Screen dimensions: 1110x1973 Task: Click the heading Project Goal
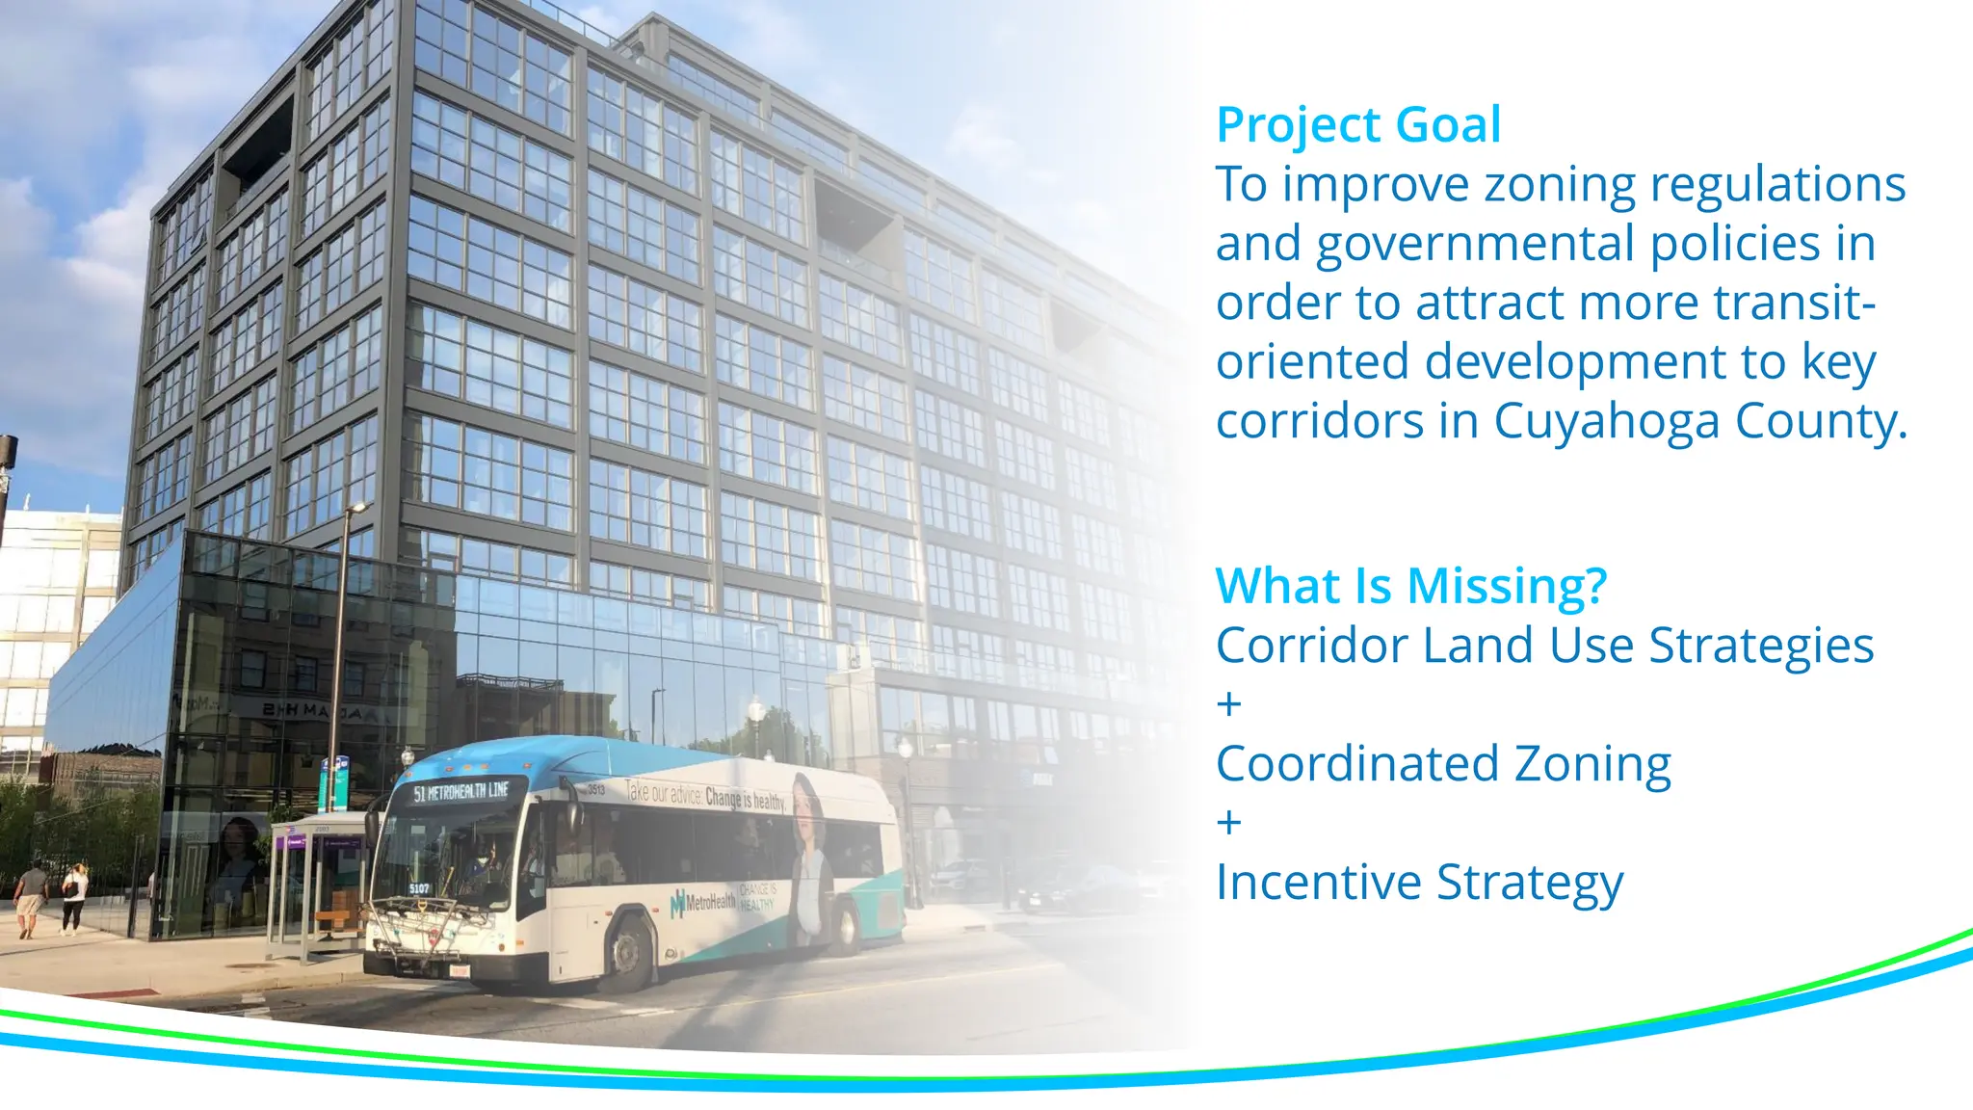point(1357,125)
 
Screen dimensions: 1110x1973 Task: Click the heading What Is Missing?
point(1410,586)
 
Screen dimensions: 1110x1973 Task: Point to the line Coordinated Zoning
point(1442,763)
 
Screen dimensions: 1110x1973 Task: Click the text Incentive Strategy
point(1418,882)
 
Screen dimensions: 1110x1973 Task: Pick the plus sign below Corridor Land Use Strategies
point(1228,704)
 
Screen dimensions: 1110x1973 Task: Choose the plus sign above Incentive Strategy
point(1228,823)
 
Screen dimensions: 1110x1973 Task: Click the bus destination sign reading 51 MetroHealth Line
point(460,792)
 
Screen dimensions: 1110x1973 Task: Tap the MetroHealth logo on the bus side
point(703,903)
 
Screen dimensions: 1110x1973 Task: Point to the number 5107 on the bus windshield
point(419,888)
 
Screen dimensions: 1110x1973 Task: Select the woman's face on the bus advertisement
point(804,805)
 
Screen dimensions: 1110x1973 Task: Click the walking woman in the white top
point(74,897)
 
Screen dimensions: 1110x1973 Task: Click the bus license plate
point(459,971)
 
